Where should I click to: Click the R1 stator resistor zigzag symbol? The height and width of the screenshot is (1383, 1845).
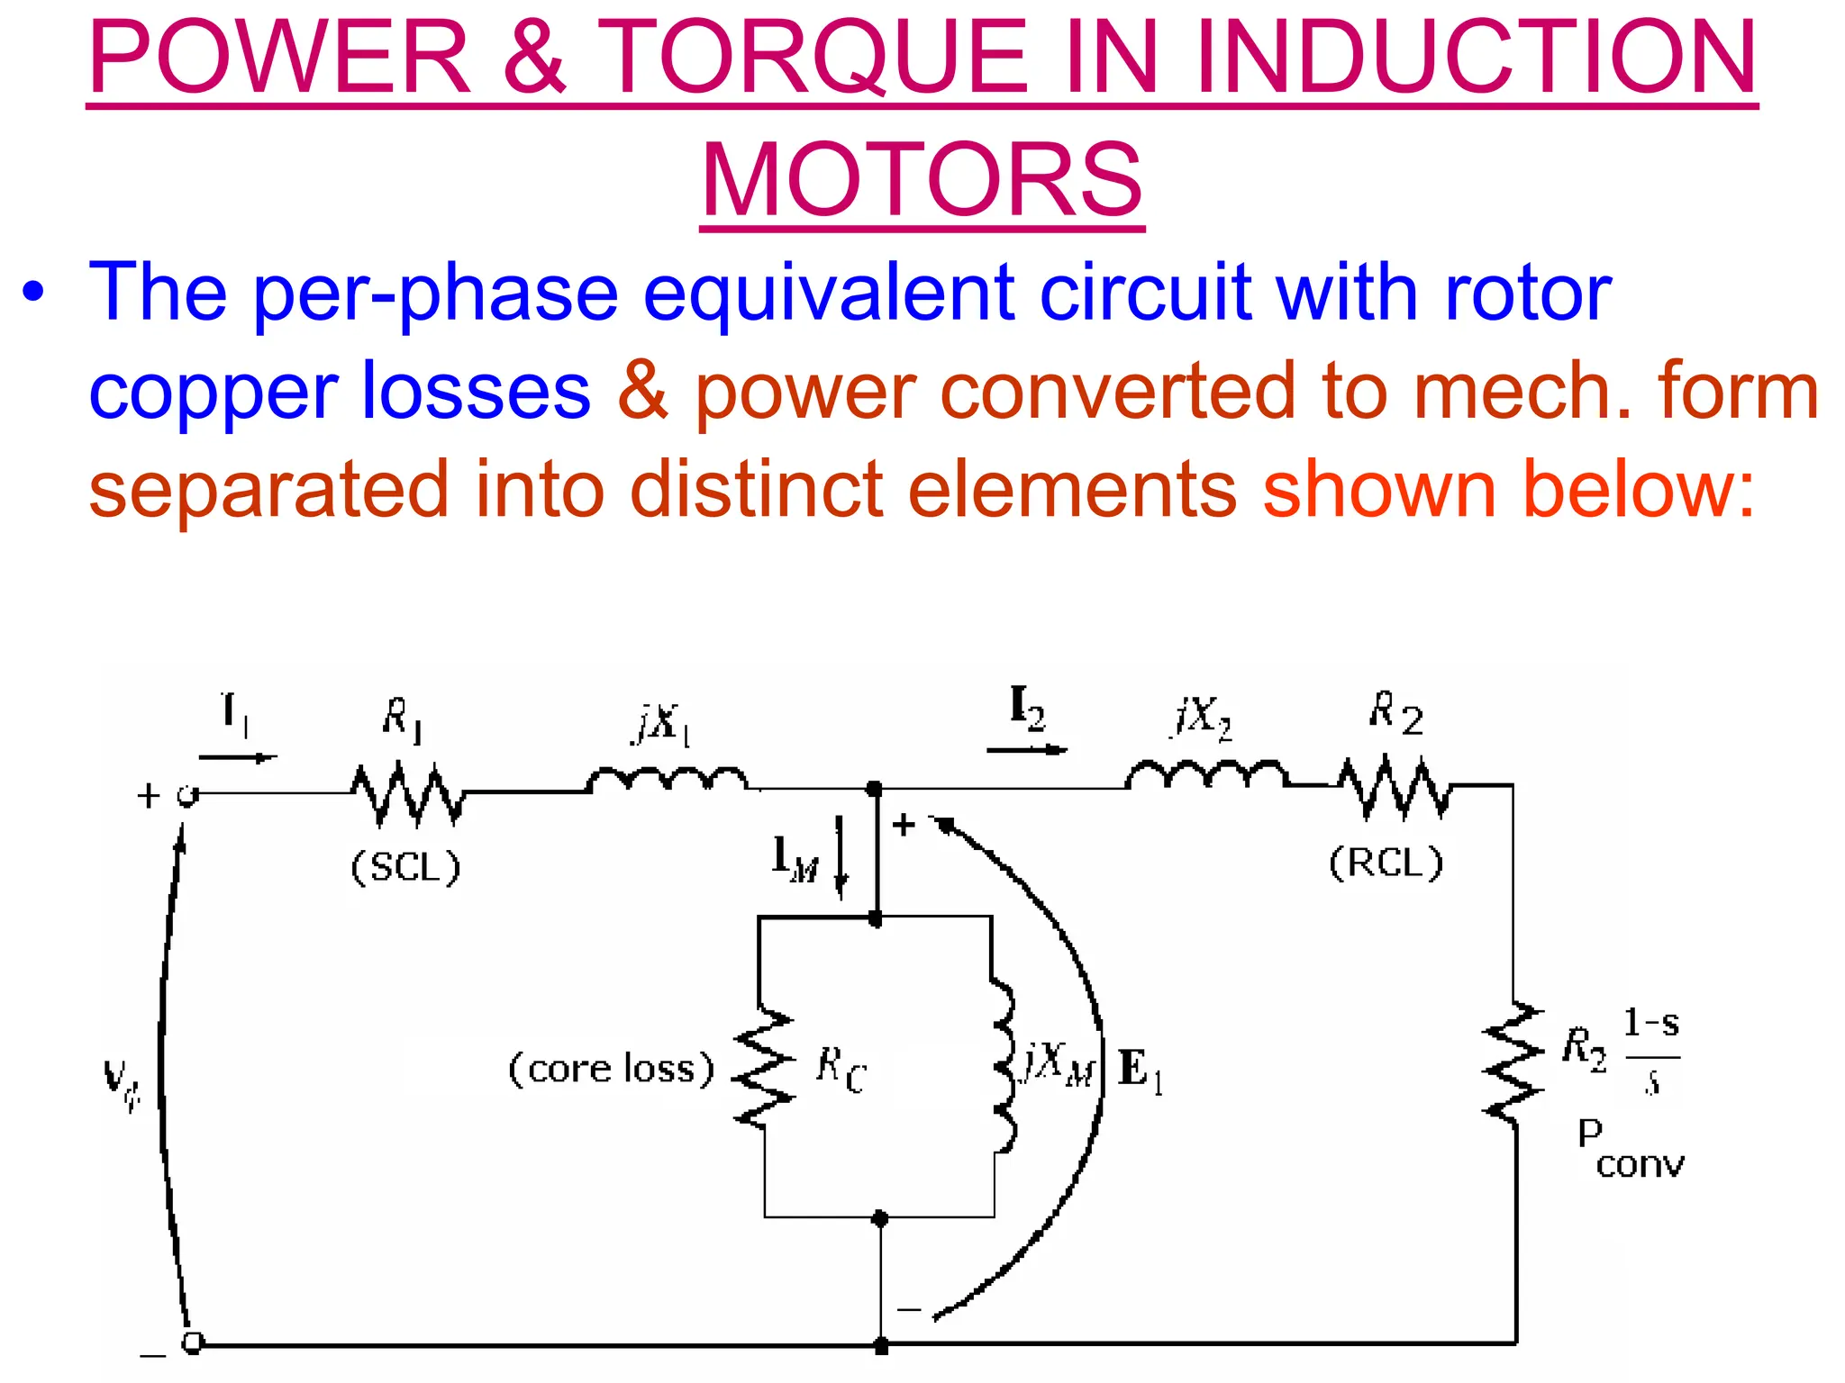click(x=407, y=793)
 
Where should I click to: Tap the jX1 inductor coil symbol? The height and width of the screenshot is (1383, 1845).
click(x=667, y=780)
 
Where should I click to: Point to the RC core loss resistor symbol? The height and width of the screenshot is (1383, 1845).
click(x=764, y=1067)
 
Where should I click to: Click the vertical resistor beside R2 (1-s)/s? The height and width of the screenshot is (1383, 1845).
click(x=1513, y=1062)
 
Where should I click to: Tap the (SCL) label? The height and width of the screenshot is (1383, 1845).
click(x=405, y=867)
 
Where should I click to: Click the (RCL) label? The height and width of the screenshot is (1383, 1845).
click(x=1386, y=863)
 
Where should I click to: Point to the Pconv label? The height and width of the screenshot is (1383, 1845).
click(x=1629, y=1148)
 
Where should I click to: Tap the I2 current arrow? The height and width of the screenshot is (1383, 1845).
click(x=1027, y=749)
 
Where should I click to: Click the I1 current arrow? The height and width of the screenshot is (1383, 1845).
click(x=237, y=757)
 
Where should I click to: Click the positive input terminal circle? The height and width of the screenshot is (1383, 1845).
click(x=186, y=796)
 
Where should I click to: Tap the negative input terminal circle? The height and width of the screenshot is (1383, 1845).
click(x=192, y=1342)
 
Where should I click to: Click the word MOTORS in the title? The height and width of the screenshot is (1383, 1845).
click(x=922, y=179)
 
